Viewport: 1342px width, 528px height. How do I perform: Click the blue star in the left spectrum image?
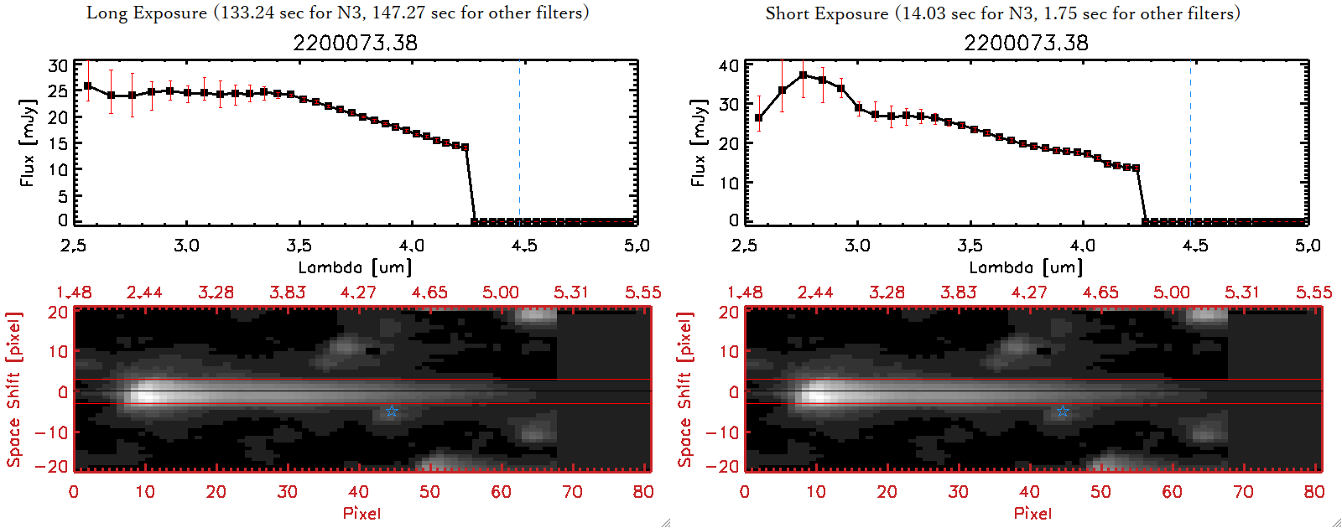pyautogui.click(x=392, y=411)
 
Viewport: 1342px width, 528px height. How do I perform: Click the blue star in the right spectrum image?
pyautogui.click(x=1063, y=411)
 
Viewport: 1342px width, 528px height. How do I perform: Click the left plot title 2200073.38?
pyautogui.click(x=355, y=43)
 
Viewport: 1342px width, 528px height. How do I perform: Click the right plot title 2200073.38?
pyautogui.click(x=1026, y=43)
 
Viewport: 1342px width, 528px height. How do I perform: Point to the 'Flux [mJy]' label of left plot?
pyautogui.click(x=28, y=142)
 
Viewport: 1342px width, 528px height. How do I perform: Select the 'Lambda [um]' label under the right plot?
pyautogui.click(x=1026, y=267)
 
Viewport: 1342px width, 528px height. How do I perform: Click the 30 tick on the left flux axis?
pyautogui.click(x=58, y=66)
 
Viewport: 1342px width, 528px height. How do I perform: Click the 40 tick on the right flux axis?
pyautogui.click(x=729, y=66)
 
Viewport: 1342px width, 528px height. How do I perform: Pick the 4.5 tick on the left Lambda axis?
pyautogui.click(x=524, y=246)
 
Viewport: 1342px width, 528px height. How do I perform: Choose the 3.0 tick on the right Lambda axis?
pyautogui.click(x=857, y=246)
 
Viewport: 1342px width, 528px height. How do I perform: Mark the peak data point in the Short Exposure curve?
pyautogui.click(x=804, y=75)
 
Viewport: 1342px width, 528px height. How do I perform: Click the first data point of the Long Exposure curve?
pyautogui.click(x=88, y=85)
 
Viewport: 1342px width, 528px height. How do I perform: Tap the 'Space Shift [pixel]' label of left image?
pyautogui.click(x=13, y=390)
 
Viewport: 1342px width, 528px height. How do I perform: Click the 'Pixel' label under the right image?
pyautogui.click(x=1033, y=513)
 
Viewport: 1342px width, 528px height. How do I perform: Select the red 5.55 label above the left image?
pyautogui.click(x=642, y=292)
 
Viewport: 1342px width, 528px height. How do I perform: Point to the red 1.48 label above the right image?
pyautogui.click(x=745, y=292)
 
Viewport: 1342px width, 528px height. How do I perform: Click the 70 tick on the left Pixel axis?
pyautogui.click(x=572, y=492)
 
